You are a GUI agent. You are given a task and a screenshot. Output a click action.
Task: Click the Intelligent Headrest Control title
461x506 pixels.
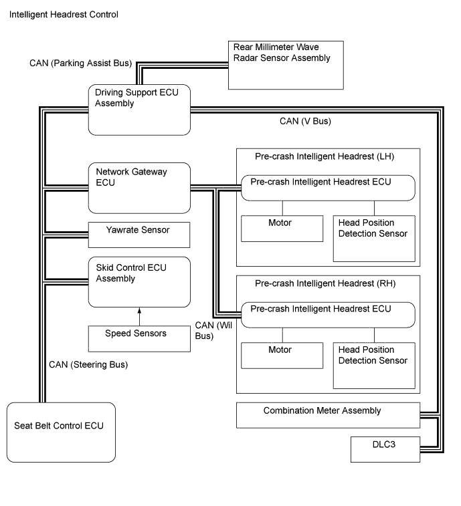64,14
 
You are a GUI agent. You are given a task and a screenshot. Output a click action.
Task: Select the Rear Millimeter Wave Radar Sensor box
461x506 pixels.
286,65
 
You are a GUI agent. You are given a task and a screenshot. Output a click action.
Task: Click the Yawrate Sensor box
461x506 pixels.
140,235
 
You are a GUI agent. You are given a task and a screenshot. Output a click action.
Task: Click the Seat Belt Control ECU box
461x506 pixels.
61,432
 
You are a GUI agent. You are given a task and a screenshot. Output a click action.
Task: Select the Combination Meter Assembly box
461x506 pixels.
328,415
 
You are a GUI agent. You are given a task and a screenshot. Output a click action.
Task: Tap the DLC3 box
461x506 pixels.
385,449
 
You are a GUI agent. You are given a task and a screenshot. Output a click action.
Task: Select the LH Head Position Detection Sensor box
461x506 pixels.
373,238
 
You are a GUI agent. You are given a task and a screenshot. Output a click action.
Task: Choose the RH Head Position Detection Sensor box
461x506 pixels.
373,366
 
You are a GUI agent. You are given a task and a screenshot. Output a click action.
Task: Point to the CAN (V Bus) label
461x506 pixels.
305,122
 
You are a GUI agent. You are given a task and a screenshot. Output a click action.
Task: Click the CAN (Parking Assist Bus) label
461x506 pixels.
80,64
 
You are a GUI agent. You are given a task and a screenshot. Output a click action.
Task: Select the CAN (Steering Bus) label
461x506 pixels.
88,365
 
